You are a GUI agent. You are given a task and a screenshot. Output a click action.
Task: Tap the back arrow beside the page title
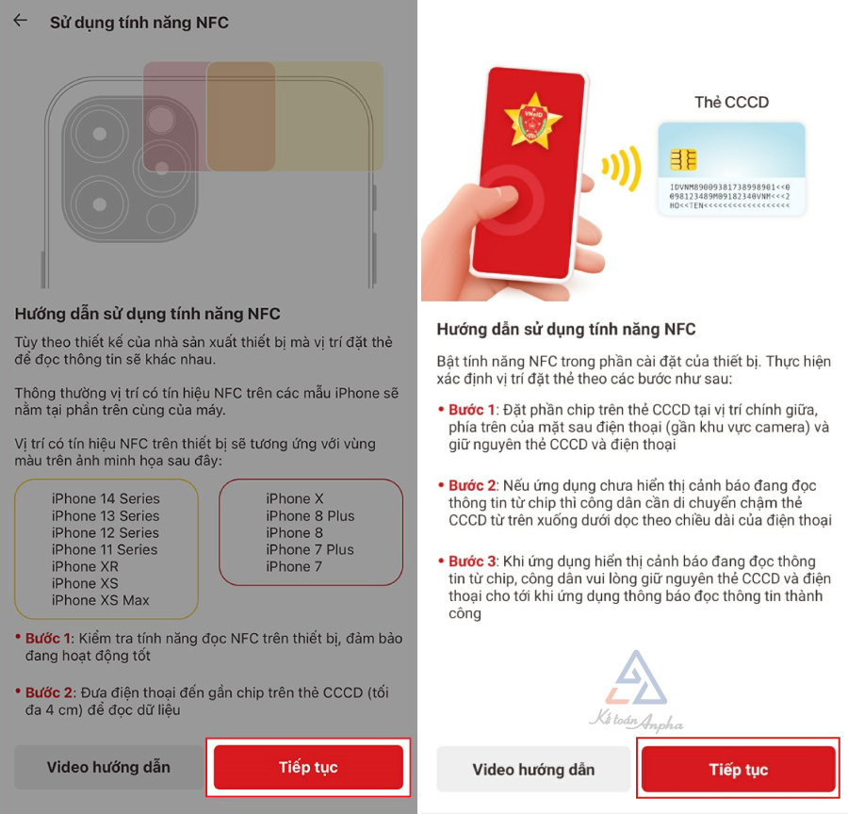tap(21, 21)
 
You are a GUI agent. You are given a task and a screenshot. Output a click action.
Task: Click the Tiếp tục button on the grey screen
tap(308, 767)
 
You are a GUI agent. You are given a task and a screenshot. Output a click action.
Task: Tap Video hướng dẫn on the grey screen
tap(108, 767)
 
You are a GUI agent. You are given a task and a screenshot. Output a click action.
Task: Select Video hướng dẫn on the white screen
tap(533, 769)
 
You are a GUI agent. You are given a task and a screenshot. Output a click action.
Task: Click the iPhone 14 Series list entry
tap(106, 498)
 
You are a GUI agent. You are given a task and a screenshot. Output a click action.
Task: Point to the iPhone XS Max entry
tap(100, 600)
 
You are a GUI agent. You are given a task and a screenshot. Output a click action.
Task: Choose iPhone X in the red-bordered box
tap(294, 498)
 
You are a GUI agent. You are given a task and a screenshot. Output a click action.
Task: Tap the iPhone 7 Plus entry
tap(309, 549)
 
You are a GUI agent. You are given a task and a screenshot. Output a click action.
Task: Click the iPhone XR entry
tap(85, 566)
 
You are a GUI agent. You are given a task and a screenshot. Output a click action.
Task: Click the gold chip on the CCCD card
tap(683, 159)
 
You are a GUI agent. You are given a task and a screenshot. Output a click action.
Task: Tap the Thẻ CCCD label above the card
tap(731, 103)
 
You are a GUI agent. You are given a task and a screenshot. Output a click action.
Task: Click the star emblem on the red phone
tap(533, 120)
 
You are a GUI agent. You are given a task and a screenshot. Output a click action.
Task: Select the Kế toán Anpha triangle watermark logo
tap(637, 679)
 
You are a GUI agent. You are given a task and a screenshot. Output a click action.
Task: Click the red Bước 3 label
tap(472, 561)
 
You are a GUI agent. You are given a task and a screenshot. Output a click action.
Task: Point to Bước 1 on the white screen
tap(471, 410)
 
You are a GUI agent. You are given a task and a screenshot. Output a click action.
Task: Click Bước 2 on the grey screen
tap(49, 692)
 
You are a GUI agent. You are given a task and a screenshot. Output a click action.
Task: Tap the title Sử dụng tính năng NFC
tap(139, 23)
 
